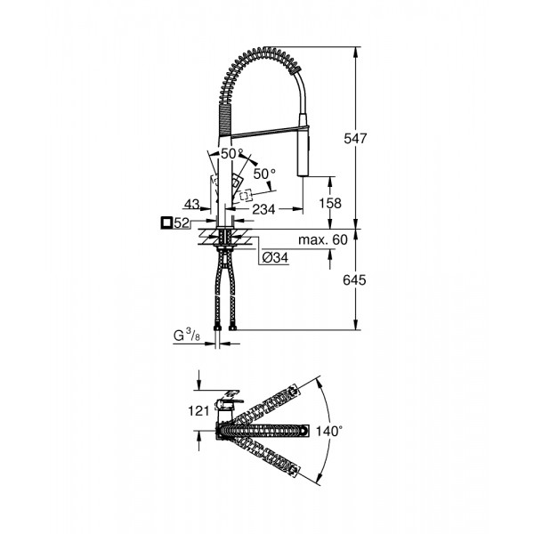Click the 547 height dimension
pyautogui.click(x=356, y=138)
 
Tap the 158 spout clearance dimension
pyautogui.click(x=330, y=203)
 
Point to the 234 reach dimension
pyautogui.click(x=262, y=209)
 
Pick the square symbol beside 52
pyautogui.click(x=166, y=223)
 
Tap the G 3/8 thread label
pyautogui.click(x=188, y=336)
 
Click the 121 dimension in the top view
pyautogui.click(x=199, y=410)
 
